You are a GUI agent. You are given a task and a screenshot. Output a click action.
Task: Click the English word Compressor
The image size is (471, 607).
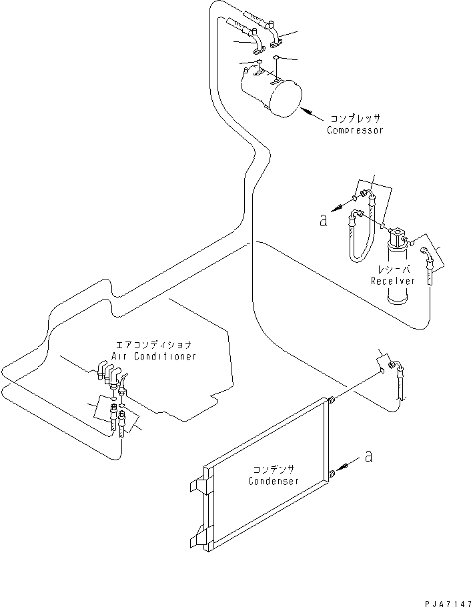point(355,130)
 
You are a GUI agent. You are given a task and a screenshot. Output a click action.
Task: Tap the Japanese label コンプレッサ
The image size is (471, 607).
point(355,118)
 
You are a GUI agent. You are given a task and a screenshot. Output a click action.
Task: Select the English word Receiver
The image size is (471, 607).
point(392,281)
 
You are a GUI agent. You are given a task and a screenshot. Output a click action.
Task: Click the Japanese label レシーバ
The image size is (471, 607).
point(394,269)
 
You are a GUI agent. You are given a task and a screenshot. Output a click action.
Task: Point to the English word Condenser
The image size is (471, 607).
point(274,481)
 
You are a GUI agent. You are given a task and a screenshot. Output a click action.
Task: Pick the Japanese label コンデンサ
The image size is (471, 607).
point(274,469)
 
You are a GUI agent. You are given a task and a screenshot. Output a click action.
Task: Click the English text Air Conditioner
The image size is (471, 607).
point(153,356)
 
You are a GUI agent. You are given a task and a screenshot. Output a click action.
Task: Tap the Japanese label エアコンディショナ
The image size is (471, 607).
point(153,345)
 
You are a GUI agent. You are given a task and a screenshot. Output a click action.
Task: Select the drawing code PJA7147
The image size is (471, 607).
point(448,604)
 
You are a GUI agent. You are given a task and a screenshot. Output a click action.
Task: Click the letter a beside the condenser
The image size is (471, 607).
point(369,456)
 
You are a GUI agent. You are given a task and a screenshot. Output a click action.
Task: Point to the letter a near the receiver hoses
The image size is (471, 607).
point(324,221)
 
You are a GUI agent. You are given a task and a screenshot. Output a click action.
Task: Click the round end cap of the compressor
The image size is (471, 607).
point(286,99)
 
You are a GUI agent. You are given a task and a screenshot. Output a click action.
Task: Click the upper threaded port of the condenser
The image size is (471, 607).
point(330,401)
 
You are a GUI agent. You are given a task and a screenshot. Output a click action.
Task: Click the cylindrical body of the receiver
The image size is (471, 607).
point(398,275)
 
